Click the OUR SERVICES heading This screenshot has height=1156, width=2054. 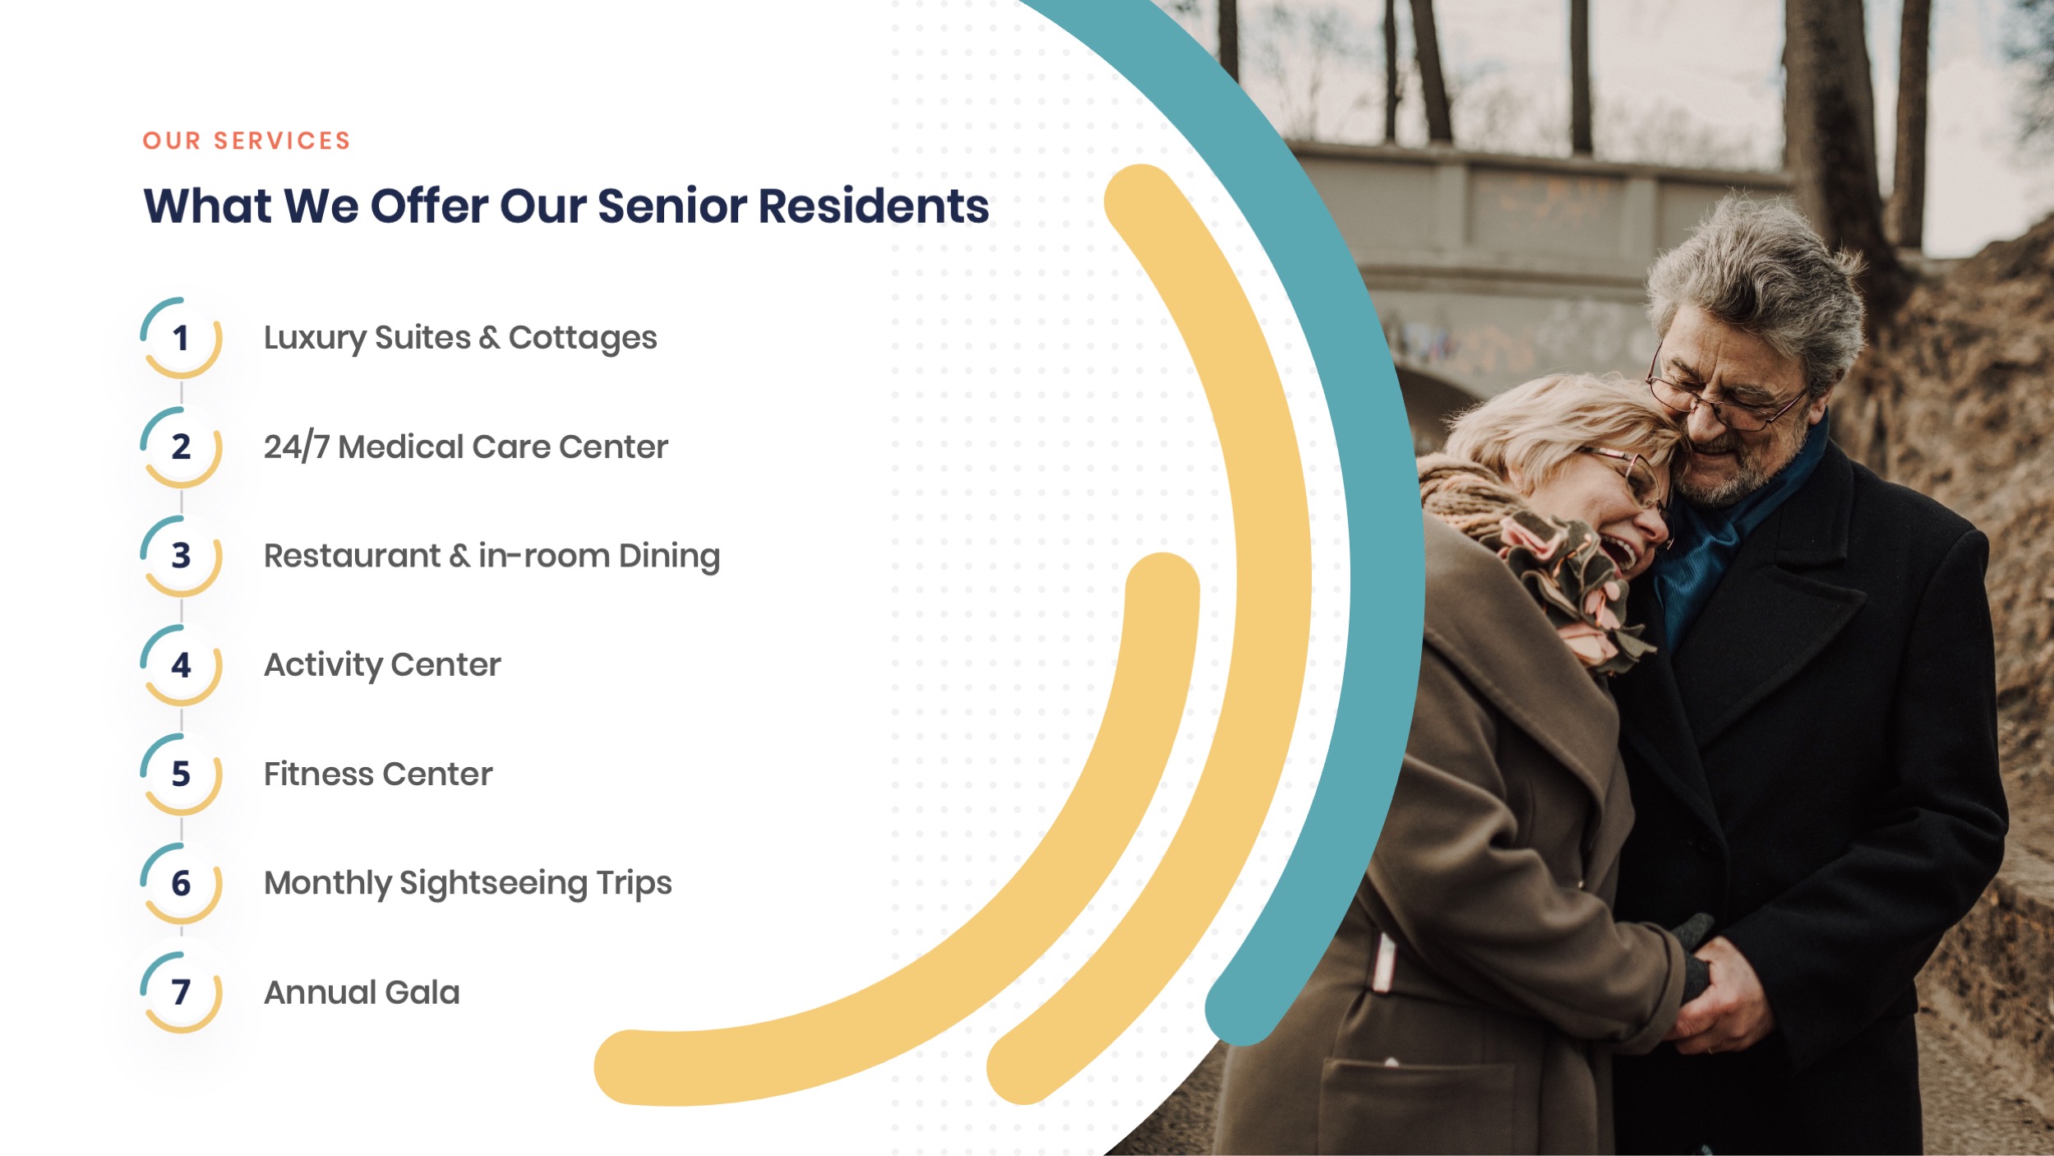tap(247, 141)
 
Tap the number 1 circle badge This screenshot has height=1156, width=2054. tap(181, 338)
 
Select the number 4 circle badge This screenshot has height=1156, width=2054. tap(181, 665)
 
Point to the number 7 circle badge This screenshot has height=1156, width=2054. tap(181, 992)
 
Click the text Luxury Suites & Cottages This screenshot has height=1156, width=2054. tap(459, 338)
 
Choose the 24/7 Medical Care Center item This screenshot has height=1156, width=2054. tap(465, 447)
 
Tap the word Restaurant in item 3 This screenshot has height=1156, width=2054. tap(352, 556)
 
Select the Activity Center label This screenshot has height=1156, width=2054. tap(382, 665)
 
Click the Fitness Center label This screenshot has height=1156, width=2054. tap(378, 775)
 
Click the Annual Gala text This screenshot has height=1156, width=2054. tap(362, 992)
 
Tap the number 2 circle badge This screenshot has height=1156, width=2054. tap(181, 447)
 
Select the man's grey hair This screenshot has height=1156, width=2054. tap(1759, 271)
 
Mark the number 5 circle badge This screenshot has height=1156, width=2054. tap(181, 775)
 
